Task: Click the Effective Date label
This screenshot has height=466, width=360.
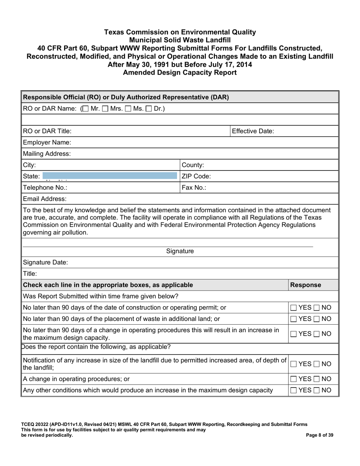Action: (x=253, y=131)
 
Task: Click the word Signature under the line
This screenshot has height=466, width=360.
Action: (x=180, y=251)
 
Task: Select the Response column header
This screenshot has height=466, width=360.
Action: (x=306, y=285)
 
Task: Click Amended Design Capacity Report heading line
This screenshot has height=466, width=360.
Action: (x=180, y=72)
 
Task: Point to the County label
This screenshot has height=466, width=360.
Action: (x=193, y=165)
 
